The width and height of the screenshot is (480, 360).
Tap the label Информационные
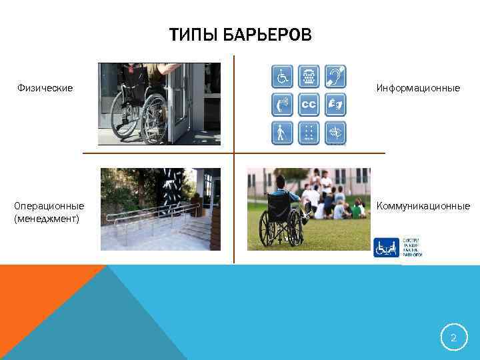[418, 88]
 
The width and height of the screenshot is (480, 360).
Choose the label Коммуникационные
[423, 206]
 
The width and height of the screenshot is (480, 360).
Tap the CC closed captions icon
[308, 105]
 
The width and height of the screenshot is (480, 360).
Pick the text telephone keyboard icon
[308, 77]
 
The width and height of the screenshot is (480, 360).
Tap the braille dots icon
[308, 133]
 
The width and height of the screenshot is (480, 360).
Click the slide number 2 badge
[453, 338]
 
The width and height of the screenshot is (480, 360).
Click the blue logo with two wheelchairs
[387, 248]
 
